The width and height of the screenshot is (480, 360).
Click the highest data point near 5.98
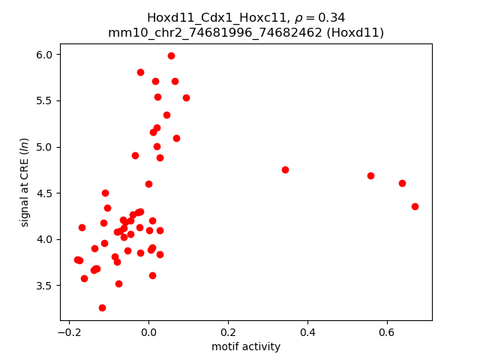171,55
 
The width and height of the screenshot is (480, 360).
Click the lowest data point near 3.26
102,307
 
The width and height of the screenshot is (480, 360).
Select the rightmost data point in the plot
415,206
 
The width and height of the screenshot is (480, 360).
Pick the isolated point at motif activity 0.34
285,169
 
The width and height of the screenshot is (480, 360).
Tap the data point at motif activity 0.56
370,175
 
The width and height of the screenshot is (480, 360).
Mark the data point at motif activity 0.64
402,183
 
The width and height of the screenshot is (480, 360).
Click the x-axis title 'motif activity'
246,346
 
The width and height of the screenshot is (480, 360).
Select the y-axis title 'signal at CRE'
24,182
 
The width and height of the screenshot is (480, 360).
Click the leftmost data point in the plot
77,259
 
